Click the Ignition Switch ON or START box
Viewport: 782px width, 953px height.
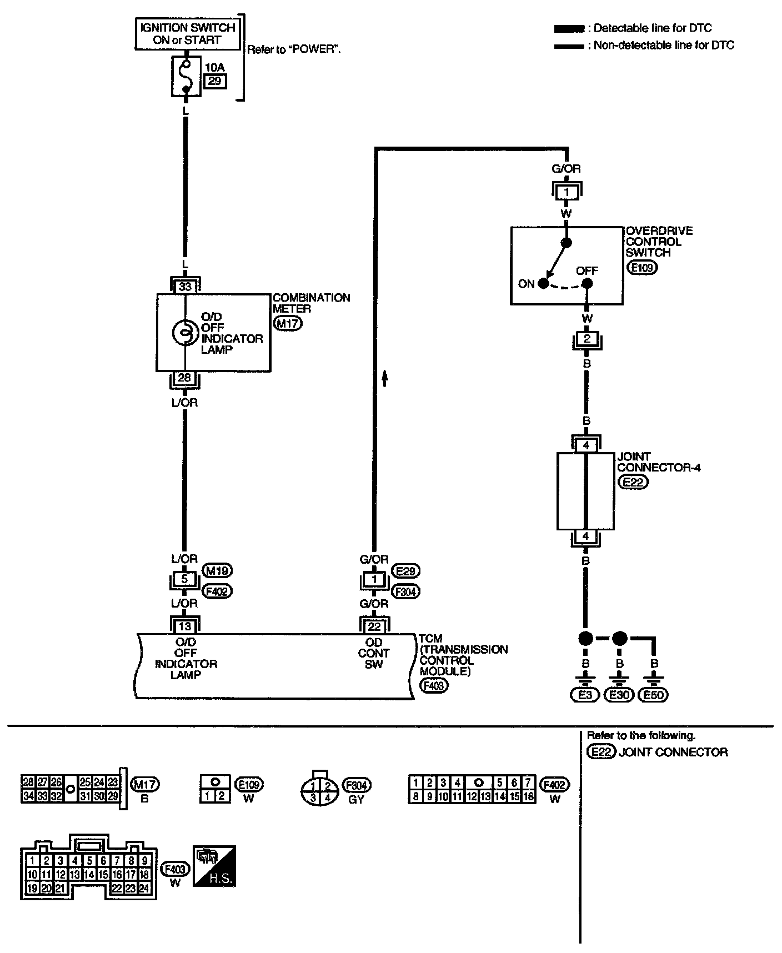pyautogui.click(x=186, y=33)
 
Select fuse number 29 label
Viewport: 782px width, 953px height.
pyautogui.click(x=215, y=81)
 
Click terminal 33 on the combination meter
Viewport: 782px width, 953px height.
pyautogui.click(x=185, y=287)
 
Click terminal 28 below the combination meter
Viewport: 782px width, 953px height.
pyautogui.click(x=185, y=378)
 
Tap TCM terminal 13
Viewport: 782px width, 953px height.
pyautogui.click(x=185, y=626)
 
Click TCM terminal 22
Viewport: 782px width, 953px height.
pyautogui.click(x=374, y=626)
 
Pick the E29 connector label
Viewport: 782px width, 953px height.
pyautogui.click(x=406, y=570)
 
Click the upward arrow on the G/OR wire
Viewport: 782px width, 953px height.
pyautogui.click(x=384, y=378)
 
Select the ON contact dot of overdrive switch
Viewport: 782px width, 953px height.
pyautogui.click(x=543, y=284)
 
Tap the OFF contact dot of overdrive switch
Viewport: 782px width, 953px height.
pyautogui.click(x=587, y=284)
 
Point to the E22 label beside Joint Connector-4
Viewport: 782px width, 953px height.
pyautogui.click(x=633, y=482)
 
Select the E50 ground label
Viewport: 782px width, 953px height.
pyautogui.click(x=654, y=695)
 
